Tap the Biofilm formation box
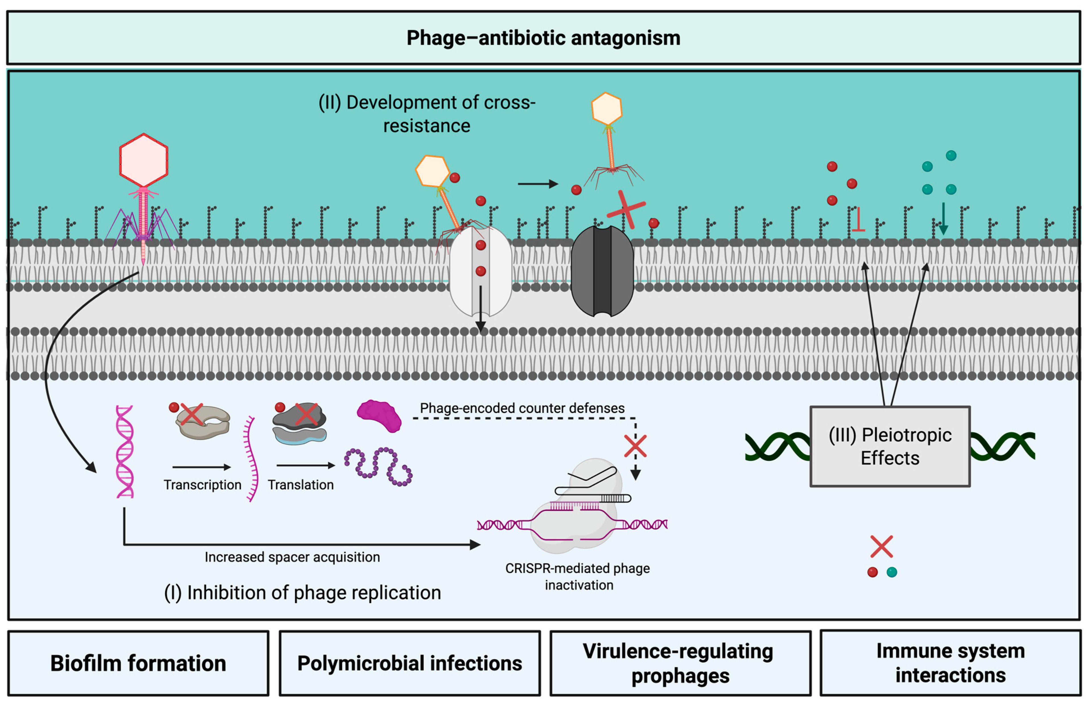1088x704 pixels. (138, 663)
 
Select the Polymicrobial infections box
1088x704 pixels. (410, 663)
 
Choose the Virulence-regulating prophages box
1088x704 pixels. (680, 663)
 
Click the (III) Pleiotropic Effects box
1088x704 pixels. (890, 446)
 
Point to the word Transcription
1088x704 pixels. (203, 485)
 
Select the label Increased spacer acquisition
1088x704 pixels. (292, 557)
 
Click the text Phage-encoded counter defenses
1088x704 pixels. (522, 408)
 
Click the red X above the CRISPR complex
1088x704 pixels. (635, 446)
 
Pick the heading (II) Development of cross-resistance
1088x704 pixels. (427, 114)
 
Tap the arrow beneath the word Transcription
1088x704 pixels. (201, 467)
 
